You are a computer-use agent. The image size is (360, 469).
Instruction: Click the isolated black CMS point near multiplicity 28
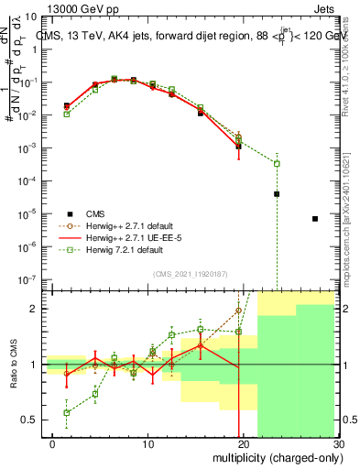pos(315,219)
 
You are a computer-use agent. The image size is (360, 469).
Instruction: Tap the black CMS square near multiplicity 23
pos(277,194)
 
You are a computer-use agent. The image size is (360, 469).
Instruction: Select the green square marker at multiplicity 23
pos(277,163)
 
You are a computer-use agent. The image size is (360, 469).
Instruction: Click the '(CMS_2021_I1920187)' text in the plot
pos(190,274)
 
